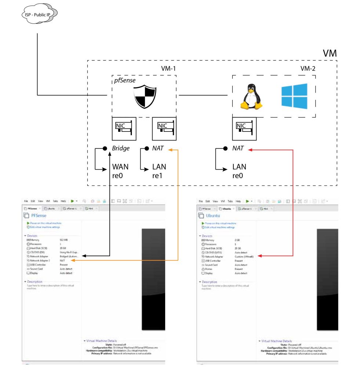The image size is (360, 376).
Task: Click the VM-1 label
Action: point(170,69)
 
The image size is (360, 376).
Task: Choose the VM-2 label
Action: point(308,69)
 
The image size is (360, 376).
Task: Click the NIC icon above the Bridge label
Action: point(124,129)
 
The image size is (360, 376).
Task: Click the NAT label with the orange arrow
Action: point(158,149)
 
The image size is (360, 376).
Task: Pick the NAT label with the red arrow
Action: point(239,149)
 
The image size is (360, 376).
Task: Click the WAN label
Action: point(120,167)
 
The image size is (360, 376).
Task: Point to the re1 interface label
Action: point(158,176)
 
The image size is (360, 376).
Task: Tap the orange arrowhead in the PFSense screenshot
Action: point(73,260)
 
